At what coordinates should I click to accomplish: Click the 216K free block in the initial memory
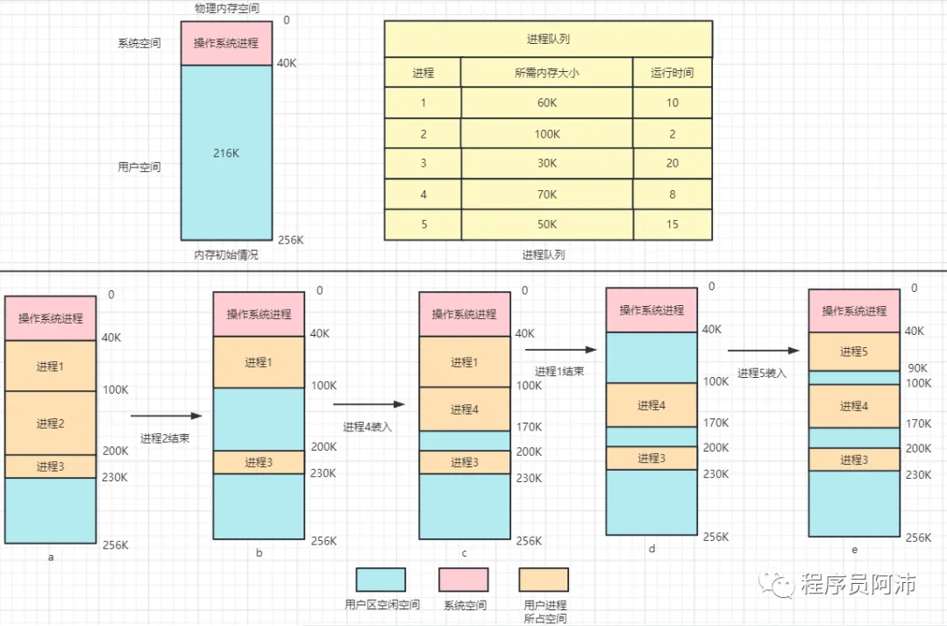225,153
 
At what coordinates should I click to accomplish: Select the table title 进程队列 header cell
548,39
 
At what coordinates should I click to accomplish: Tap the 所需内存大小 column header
546,73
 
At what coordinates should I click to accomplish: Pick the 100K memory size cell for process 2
546,133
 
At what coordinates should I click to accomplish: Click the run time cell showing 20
672,164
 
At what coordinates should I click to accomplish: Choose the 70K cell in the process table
546,194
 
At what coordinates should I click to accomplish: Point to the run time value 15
672,224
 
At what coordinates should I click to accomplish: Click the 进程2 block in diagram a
50,423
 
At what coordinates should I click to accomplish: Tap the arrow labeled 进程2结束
167,416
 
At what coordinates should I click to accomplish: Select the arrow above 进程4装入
369,404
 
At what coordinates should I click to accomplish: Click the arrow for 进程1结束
562,350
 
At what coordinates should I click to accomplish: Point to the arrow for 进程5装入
764,351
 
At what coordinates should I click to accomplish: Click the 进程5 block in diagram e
853,352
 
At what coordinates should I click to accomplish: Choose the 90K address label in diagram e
917,368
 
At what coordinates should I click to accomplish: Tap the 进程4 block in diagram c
464,409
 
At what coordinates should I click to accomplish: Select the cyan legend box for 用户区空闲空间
381,580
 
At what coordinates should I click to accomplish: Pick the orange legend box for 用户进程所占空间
544,580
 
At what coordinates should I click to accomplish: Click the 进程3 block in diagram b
258,462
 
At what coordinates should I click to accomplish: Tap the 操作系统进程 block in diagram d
652,310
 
